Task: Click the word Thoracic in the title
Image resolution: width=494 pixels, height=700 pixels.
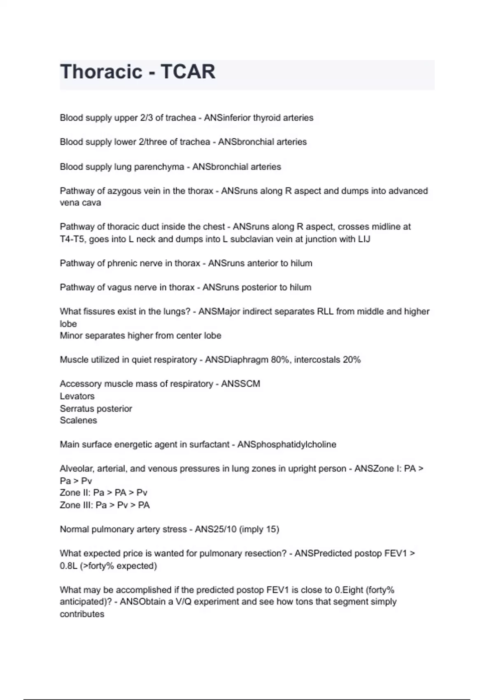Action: [x=101, y=72]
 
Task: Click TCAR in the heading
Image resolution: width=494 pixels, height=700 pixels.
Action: [x=188, y=72]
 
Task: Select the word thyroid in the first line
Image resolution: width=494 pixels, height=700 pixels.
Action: [x=266, y=118]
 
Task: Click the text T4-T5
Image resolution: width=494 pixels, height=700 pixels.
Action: [x=72, y=239]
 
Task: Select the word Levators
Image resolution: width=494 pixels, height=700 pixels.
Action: [x=77, y=396]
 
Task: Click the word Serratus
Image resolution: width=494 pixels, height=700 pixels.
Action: [x=77, y=408]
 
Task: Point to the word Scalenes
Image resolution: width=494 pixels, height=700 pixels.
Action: [x=78, y=420]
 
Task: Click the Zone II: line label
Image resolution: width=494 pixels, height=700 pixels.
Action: [x=75, y=493]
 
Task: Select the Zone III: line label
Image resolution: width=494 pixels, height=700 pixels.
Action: [x=76, y=505]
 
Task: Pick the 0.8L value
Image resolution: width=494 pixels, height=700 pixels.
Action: [x=68, y=566]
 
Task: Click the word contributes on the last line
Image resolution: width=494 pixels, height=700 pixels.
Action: [x=82, y=614]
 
